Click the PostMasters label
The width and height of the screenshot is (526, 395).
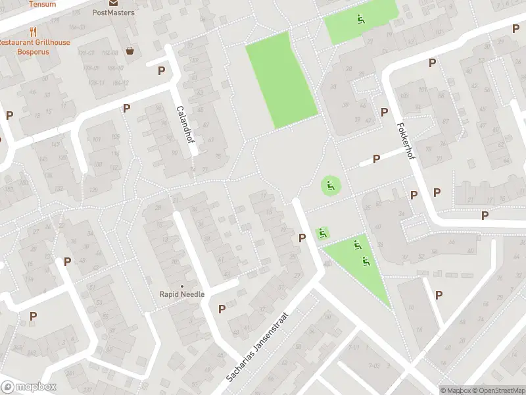(x=113, y=13)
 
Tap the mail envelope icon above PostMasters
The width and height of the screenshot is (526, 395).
(x=113, y=3)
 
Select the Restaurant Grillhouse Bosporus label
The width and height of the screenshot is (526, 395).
(x=34, y=47)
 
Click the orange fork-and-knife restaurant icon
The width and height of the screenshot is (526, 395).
(x=32, y=32)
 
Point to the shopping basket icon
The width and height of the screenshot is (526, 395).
(x=130, y=51)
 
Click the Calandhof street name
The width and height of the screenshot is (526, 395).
(x=183, y=122)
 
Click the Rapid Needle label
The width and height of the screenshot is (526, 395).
(x=182, y=294)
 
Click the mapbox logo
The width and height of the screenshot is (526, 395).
(x=29, y=387)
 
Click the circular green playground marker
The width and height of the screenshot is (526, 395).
(x=331, y=186)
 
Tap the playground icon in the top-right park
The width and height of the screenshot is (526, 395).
(x=360, y=18)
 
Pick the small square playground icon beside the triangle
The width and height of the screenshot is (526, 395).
(x=322, y=233)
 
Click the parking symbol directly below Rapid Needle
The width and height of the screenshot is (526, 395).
(x=222, y=308)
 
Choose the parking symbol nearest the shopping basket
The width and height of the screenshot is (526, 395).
(x=161, y=70)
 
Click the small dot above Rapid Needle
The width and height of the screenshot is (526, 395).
(x=182, y=286)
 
